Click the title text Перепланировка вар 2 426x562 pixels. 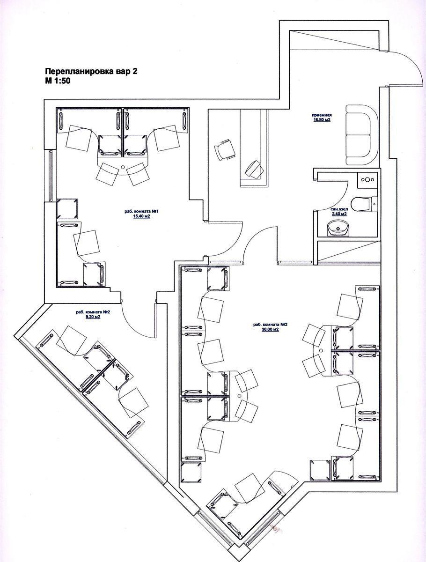[x=91, y=72]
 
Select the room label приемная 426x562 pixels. [x=322, y=115]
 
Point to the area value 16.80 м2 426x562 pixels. [x=322, y=120]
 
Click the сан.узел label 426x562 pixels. [x=338, y=209]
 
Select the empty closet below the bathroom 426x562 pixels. [x=346, y=253]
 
